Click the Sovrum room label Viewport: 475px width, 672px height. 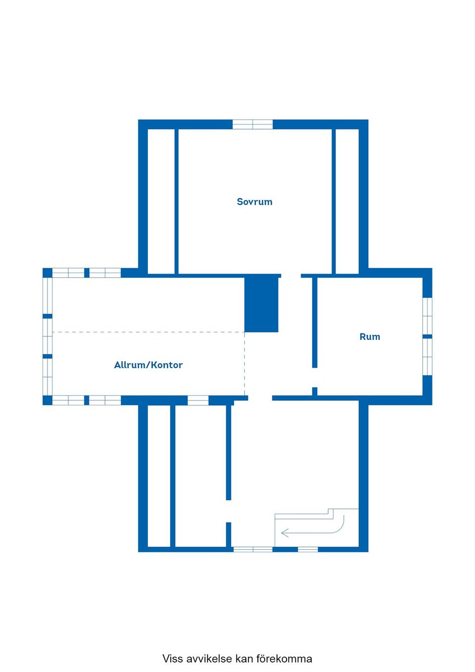(254, 201)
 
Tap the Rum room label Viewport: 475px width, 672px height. (370, 336)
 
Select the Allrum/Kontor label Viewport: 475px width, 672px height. (148, 365)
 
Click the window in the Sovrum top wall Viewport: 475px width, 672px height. (252, 124)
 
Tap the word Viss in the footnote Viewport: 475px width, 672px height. (172, 659)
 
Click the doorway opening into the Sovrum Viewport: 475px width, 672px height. (291, 276)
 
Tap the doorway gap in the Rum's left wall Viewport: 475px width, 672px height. (315, 378)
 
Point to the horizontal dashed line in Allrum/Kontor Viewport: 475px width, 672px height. (148, 332)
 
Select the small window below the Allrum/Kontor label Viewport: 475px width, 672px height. (198, 400)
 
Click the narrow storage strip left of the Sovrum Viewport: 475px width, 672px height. (161, 201)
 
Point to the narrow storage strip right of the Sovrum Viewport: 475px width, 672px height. (347, 201)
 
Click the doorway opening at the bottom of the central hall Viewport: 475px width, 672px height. (260, 398)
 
